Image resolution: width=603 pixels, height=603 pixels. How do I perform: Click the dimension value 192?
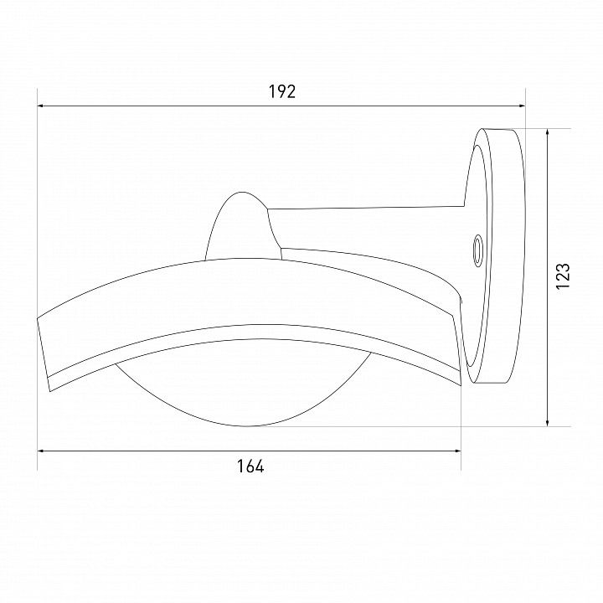coord(282,92)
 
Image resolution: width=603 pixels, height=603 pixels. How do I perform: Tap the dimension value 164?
coord(250,466)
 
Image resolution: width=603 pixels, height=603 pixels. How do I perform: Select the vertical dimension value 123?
coord(562,276)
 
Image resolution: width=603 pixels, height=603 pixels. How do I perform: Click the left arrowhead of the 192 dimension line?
coord(40,106)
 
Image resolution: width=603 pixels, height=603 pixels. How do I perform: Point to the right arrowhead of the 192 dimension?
coord(523,106)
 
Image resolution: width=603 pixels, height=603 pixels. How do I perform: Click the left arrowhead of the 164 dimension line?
coord(40,451)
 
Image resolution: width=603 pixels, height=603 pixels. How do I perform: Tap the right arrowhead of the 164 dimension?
coord(458,451)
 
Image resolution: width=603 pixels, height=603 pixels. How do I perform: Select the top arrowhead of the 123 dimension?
coord(548,131)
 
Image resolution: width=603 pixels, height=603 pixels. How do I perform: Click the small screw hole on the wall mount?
coord(477,250)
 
